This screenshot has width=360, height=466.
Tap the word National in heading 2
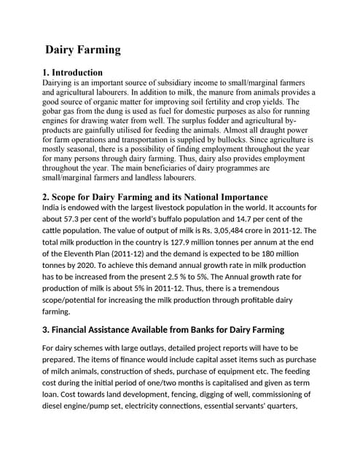point(176,197)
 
